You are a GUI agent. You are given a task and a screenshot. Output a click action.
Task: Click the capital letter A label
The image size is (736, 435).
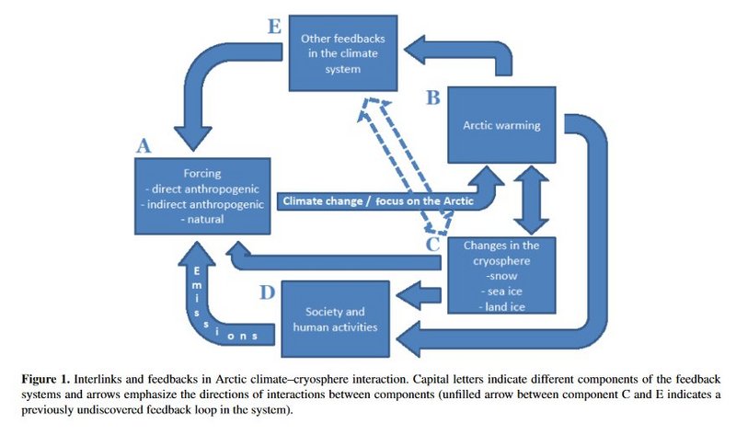coord(144,145)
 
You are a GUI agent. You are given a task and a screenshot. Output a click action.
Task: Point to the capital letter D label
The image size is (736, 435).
coord(266,294)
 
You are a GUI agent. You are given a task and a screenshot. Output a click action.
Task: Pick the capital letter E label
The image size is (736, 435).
coord(273,27)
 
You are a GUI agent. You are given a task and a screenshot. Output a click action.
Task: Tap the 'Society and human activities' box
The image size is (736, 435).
coord(333,318)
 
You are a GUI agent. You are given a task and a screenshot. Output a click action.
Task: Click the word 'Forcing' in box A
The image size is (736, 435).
coord(203,172)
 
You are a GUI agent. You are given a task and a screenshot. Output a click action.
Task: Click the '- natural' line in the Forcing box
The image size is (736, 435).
coord(203,221)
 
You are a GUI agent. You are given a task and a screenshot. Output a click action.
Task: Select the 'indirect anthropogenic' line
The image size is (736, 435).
coord(203,204)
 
